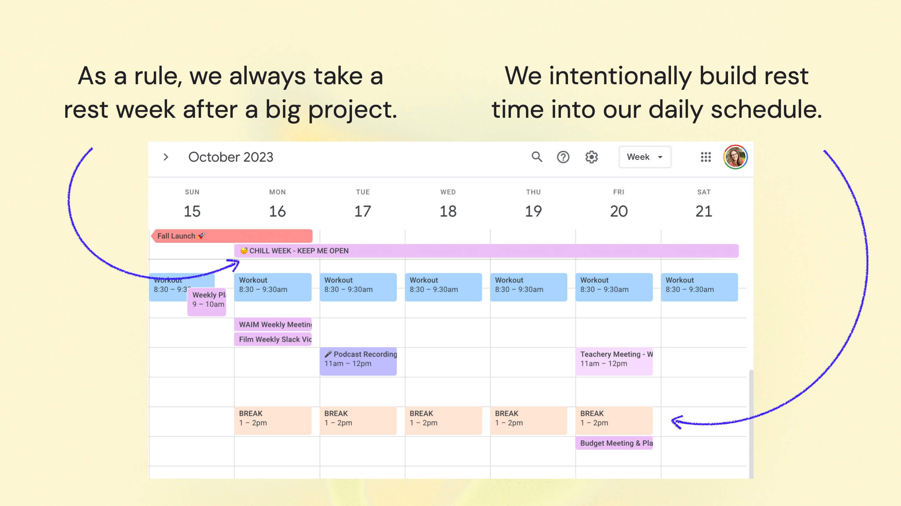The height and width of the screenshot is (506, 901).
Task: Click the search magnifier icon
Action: coord(536,157)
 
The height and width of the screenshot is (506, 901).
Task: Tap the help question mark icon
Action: coord(563,157)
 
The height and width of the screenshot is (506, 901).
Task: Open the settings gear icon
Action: coord(591,157)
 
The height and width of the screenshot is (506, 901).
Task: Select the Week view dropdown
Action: coord(644,157)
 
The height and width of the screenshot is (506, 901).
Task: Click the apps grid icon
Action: coord(706,157)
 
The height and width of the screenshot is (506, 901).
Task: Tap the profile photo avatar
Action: coord(735,157)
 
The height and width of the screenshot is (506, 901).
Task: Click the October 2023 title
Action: coord(231,157)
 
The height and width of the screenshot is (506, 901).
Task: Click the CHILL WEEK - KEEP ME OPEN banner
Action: coord(486,251)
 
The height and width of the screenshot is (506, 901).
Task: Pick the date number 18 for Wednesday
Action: coord(448,211)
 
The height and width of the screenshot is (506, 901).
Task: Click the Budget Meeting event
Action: coord(613,443)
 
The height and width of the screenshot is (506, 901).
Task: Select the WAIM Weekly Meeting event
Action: coord(273,325)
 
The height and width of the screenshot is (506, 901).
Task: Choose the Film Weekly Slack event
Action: coord(273,339)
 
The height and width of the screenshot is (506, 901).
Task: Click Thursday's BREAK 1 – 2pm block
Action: coord(528,420)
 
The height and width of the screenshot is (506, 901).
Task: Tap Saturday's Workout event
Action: coord(699,287)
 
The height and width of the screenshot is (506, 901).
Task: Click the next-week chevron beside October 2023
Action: coord(166,157)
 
